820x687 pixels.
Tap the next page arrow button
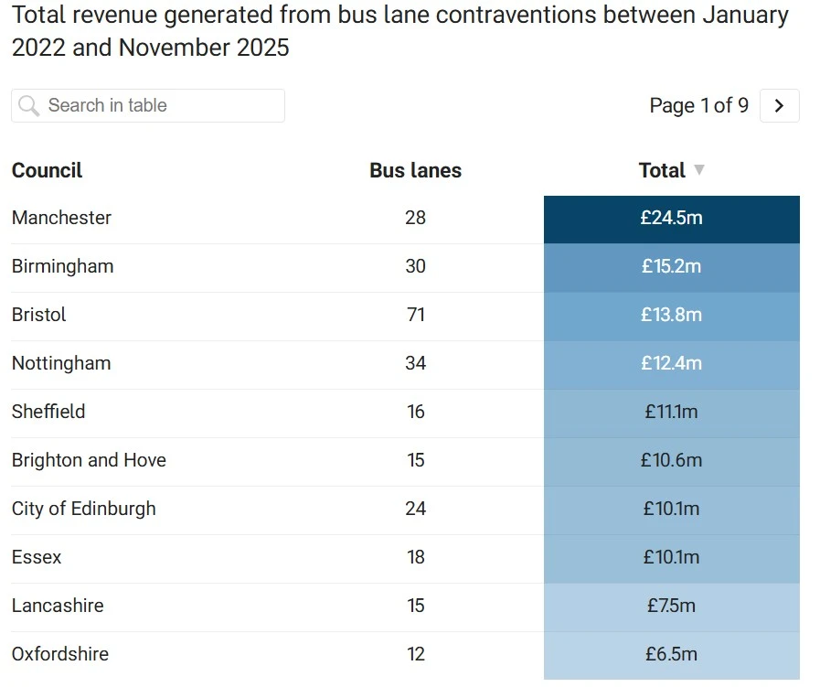(x=779, y=105)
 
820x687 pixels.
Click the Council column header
(x=47, y=170)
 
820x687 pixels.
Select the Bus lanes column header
(x=415, y=170)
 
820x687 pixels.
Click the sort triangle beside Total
(x=699, y=170)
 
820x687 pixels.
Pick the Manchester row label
(x=61, y=218)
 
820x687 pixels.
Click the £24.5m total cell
(x=671, y=219)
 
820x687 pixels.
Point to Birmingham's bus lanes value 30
(x=415, y=266)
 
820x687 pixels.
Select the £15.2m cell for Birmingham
(x=671, y=267)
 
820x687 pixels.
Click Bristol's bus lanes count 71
(x=415, y=315)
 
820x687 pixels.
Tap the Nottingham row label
(x=61, y=363)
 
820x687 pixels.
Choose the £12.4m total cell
(x=671, y=364)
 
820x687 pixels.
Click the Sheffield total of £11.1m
(x=671, y=413)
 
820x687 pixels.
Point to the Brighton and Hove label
(x=89, y=460)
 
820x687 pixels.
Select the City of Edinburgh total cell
(x=671, y=510)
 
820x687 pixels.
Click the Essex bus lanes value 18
(x=415, y=557)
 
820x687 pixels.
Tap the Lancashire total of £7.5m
(x=671, y=606)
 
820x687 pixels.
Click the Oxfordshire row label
(x=60, y=654)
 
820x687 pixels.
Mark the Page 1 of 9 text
(x=698, y=105)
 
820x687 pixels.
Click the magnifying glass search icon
(x=29, y=106)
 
